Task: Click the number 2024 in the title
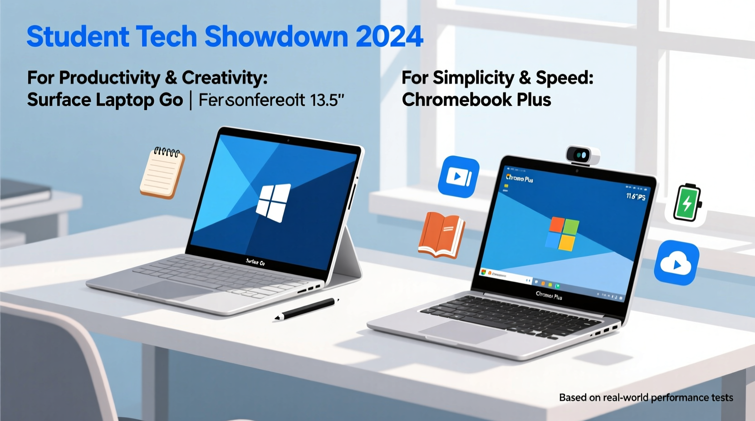click(x=389, y=36)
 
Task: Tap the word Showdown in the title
click(x=275, y=36)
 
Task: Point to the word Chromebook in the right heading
click(x=456, y=100)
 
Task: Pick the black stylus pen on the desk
click(x=307, y=308)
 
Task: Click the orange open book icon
click(x=441, y=235)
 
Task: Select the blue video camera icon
click(x=459, y=176)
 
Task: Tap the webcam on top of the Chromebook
click(x=582, y=156)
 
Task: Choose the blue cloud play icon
click(x=676, y=263)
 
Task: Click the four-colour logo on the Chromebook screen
click(x=563, y=233)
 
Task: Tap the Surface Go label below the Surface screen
click(x=255, y=262)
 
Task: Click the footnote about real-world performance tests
click(x=646, y=398)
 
